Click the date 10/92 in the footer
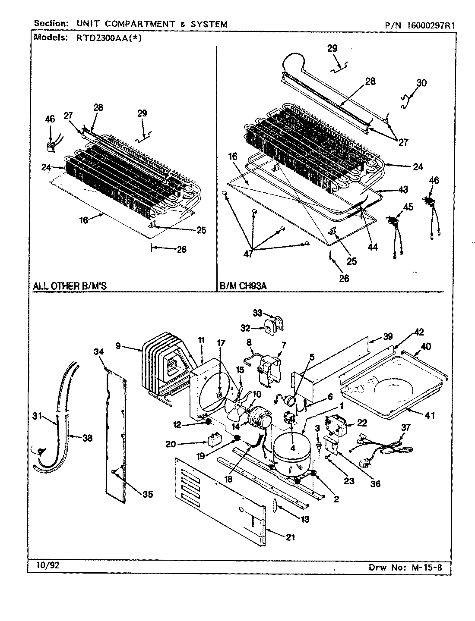click(x=42, y=565)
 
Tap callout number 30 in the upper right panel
click(x=421, y=83)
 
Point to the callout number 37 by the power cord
click(x=405, y=427)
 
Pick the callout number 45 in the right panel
click(x=408, y=207)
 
